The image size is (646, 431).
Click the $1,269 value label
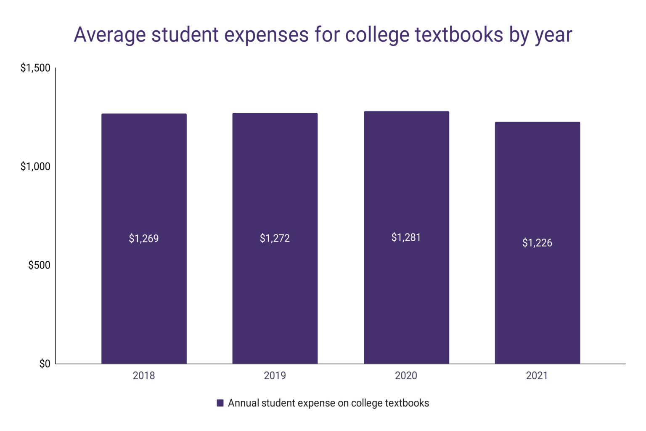coord(144,239)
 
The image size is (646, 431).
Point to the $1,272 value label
coord(275,238)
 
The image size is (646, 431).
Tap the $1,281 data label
coord(406,237)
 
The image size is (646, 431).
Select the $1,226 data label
coord(537,243)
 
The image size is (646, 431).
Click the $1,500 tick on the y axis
coord(35,68)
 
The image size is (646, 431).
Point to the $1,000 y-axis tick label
coord(35,167)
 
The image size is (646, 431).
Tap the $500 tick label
coord(39,265)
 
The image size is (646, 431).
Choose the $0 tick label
coord(45,364)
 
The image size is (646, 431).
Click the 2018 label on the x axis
coord(144,375)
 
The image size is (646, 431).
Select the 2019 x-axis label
coord(275,375)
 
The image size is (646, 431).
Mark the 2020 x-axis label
coord(406,375)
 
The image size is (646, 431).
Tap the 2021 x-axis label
coord(537,375)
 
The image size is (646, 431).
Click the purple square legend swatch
coord(220,403)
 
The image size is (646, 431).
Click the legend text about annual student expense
coord(328,403)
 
